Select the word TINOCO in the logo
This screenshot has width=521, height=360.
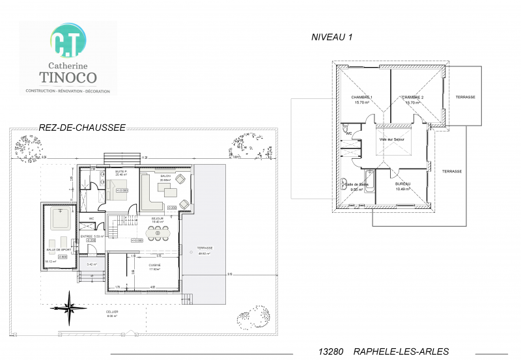point(67,77)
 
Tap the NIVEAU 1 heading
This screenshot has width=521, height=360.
point(331,38)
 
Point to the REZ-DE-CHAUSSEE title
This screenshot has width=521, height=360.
point(82,128)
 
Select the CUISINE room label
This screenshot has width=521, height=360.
point(154,266)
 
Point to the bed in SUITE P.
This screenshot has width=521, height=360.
point(121,191)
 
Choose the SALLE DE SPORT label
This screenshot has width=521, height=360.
point(58,249)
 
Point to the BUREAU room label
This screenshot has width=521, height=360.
point(402,185)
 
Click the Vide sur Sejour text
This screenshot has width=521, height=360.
point(392,139)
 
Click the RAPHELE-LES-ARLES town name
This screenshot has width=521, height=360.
point(401,352)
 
